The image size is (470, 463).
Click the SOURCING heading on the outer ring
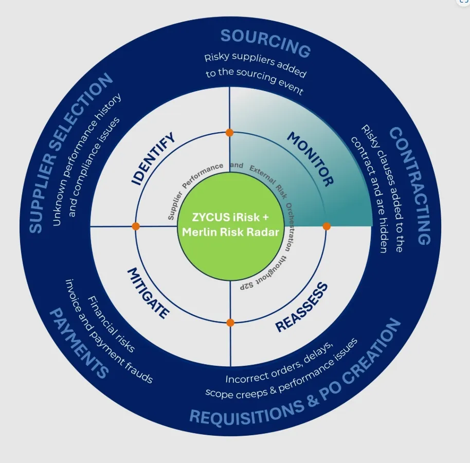(x=265, y=43)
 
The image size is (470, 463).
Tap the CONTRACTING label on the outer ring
(x=410, y=186)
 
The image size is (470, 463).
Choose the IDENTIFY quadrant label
(x=154, y=158)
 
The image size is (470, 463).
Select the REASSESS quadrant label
(x=302, y=307)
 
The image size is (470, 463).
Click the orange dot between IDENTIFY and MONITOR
(x=229, y=133)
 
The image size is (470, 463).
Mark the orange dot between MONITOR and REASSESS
(x=326, y=226)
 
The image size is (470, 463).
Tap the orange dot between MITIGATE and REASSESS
(x=230, y=323)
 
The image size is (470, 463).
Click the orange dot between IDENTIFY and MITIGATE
(x=136, y=226)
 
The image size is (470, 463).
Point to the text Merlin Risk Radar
(x=230, y=232)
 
